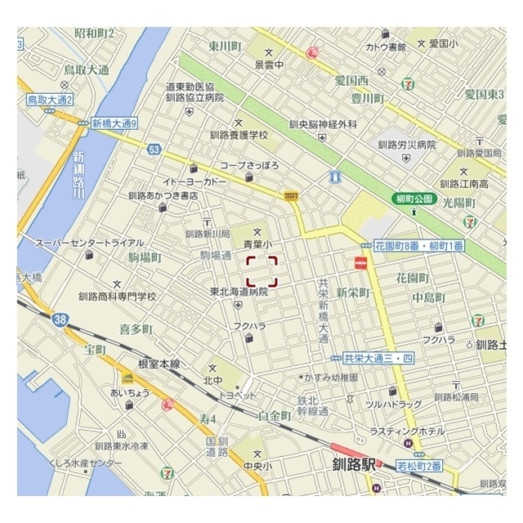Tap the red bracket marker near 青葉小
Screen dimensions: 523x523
tap(261, 271)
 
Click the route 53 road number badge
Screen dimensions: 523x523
tap(154, 149)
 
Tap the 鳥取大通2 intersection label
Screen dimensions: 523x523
tap(49, 100)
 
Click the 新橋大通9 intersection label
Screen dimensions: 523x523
tap(114, 124)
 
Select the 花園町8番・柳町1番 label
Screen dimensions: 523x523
tap(419, 245)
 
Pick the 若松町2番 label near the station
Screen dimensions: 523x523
tap(419, 466)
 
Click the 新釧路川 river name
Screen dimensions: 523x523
tap(78, 176)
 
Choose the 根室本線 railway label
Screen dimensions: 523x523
tap(159, 364)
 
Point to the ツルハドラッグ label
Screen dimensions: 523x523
tap(393, 405)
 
